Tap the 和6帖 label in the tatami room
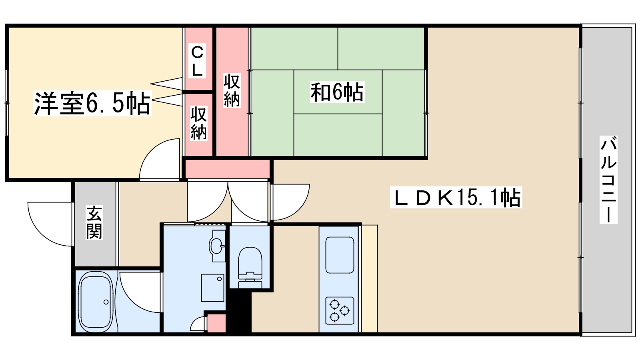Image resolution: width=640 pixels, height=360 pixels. pyautogui.click(x=337, y=92)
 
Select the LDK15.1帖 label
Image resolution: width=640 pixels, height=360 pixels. pyautogui.click(x=456, y=198)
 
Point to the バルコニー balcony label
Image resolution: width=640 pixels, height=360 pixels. pyautogui.click(x=608, y=179)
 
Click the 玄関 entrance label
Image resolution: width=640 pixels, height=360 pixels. pyautogui.click(x=95, y=222)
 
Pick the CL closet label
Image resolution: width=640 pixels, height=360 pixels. pyautogui.click(x=197, y=61)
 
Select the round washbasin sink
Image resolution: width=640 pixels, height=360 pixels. pyautogui.click(x=217, y=246)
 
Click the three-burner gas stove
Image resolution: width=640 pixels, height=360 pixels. pyautogui.click(x=340, y=311)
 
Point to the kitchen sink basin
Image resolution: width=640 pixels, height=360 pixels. pyautogui.click(x=340, y=255)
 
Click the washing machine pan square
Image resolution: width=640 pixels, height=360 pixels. pyautogui.click(x=212, y=288)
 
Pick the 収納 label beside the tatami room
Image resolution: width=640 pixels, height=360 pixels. pyautogui.click(x=232, y=90)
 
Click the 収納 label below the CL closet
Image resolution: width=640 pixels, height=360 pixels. pyautogui.click(x=198, y=123)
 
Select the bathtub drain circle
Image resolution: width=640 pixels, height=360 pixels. pyautogui.click(x=106, y=302)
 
